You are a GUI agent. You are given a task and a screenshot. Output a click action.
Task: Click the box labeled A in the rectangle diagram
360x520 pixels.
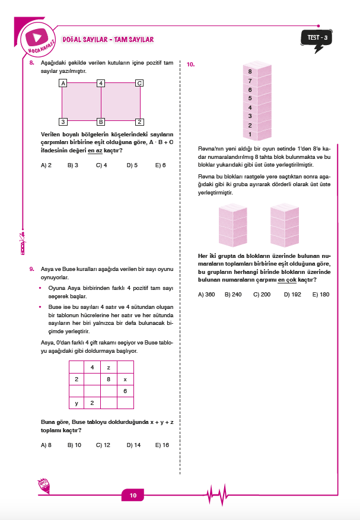click(x=62, y=83)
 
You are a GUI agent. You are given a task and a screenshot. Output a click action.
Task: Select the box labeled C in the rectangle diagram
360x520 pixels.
click(x=139, y=83)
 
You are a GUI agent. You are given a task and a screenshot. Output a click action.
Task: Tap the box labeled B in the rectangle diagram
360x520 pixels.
click(x=101, y=122)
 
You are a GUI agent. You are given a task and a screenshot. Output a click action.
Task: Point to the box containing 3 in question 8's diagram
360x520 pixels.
click(x=62, y=122)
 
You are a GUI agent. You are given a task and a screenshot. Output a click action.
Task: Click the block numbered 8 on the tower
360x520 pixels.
click(x=250, y=71)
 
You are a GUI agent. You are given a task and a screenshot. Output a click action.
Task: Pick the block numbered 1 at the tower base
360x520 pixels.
click(x=250, y=135)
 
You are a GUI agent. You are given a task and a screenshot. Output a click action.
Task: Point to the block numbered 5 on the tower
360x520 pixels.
click(x=250, y=98)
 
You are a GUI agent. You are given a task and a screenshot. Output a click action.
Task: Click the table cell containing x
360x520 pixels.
click(x=125, y=379)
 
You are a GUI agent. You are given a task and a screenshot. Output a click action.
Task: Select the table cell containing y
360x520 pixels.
click(x=77, y=403)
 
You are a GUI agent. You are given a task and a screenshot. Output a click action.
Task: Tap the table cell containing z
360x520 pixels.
click(x=109, y=367)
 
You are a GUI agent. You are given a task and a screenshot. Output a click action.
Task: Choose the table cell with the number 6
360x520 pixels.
click(x=125, y=391)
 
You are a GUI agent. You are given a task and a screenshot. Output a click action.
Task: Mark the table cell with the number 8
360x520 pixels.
click(x=109, y=379)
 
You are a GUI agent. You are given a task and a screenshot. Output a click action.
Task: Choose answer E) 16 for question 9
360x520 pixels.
click(x=162, y=444)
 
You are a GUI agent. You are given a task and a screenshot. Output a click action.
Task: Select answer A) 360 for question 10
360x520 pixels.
click(x=206, y=294)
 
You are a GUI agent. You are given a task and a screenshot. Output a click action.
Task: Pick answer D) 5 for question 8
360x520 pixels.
click(x=132, y=165)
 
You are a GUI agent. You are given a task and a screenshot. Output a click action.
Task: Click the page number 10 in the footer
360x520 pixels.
click(x=133, y=495)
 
